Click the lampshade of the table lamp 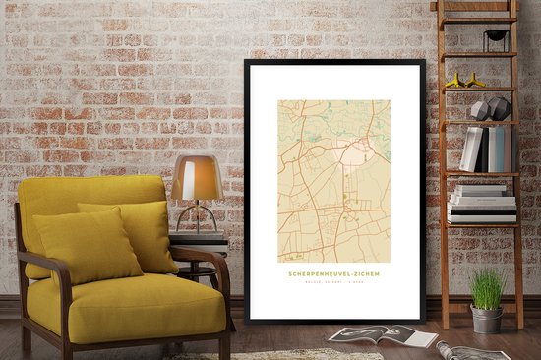pyautogui.click(x=196, y=178)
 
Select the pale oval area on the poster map pyautogui.click(x=352, y=151)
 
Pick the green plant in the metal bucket pyautogui.click(x=487, y=289)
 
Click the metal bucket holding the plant pyautogui.click(x=486, y=319)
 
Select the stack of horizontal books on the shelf pyautogui.click(x=482, y=204)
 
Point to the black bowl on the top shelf pyautogui.click(x=497, y=37)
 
